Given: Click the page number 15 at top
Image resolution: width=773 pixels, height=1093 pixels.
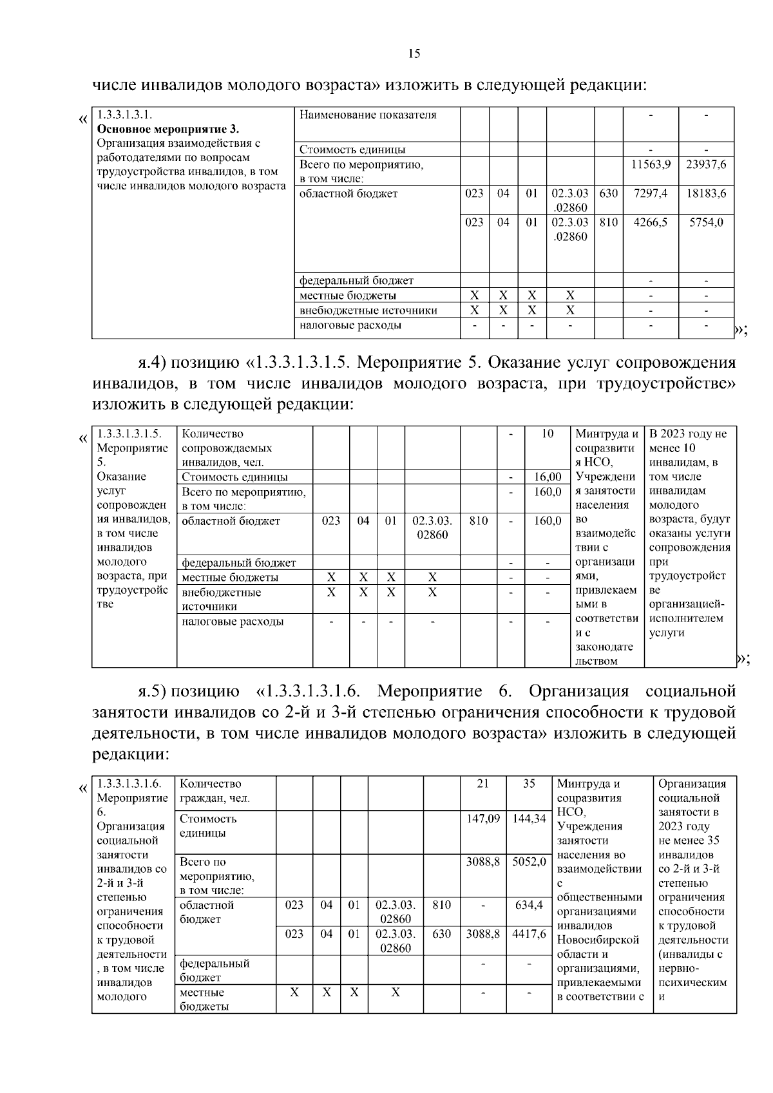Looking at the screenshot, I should [414, 54].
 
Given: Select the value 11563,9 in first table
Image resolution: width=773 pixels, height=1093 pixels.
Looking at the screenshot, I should [651, 164].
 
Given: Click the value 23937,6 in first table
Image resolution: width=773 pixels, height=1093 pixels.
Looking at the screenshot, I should [706, 164].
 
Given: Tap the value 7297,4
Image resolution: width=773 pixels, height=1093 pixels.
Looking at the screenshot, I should [651, 193].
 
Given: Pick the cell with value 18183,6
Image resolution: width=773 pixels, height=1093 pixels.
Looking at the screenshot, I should [706, 193].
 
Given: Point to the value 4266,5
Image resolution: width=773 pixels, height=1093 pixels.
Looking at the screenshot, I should [651, 222].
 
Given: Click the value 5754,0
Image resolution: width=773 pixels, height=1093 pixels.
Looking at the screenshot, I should [706, 222].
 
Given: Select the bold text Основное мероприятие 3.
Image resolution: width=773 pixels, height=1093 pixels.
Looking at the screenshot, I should [167, 129].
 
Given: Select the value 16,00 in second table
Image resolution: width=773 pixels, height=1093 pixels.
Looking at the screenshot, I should [548, 477].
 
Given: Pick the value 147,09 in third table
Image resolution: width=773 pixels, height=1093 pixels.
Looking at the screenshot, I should [483, 819].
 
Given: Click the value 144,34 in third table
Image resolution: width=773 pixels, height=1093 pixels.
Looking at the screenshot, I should [529, 819].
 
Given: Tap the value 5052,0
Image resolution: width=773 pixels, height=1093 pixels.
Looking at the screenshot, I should [529, 862].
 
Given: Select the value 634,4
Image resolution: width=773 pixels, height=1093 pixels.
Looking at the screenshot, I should [529, 905].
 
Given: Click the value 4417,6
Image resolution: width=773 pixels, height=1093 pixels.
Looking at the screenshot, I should [529, 934].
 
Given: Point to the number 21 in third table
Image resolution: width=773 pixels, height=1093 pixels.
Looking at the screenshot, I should [483, 784].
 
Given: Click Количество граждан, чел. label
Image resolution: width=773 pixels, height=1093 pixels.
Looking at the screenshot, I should [215, 792].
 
